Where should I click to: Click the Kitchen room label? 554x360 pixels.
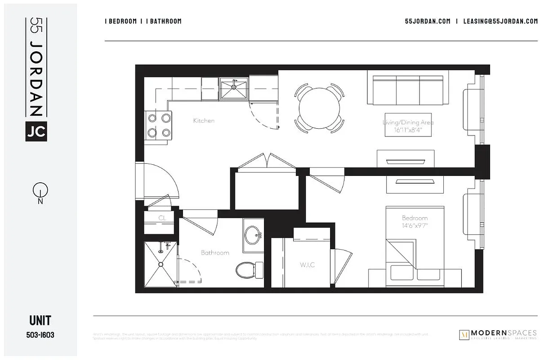point(204,121)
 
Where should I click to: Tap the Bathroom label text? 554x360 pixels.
point(215,253)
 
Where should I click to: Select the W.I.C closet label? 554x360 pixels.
point(308,265)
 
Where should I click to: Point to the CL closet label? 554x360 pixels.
point(162,218)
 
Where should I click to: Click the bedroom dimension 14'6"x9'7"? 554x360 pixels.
point(415,225)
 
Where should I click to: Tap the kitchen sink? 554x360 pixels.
point(233,88)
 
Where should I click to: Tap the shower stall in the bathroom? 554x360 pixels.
point(160,264)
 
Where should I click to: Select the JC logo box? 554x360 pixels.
point(36,131)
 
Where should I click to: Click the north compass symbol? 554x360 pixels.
point(40,192)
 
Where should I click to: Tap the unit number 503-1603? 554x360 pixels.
point(40,335)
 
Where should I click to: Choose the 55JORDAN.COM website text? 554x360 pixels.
point(427,21)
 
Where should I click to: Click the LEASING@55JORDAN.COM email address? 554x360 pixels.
point(500,21)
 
